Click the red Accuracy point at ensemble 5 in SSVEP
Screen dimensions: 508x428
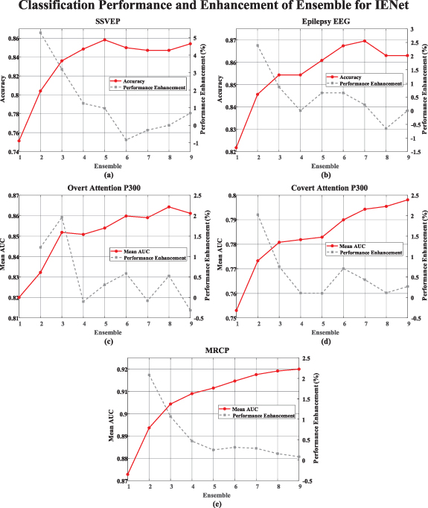(105, 39)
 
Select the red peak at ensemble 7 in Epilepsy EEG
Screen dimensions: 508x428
(365, 41)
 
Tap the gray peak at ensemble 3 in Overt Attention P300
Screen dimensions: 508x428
(62, 218)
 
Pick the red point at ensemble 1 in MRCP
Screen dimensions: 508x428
(128, 474)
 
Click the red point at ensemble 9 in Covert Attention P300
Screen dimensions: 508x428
(408, 200)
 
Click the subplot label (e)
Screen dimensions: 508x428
(216, 504)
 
